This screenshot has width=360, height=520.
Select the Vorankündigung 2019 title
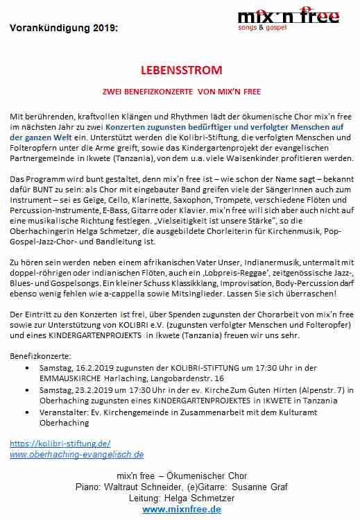(x=64, y=28)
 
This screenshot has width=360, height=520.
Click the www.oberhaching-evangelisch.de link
(x=77, y=455)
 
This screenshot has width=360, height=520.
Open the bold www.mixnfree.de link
(x=182, y=509)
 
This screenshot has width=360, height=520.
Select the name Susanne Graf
(x=258, y=487)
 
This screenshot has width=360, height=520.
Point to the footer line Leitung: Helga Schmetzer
(x=182, y=498)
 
